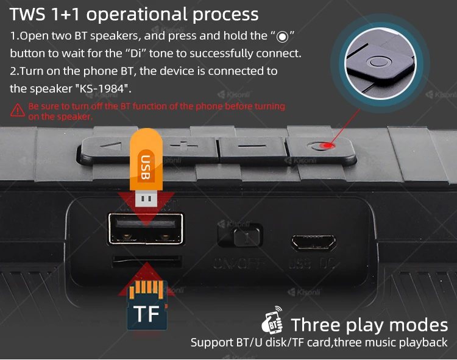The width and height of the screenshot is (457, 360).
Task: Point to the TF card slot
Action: click(146, 261)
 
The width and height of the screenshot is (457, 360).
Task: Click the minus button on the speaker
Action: click(249, 146)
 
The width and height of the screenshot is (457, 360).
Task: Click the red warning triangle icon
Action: click(18, 110)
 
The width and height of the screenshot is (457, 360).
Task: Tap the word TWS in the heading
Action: click(28, 14)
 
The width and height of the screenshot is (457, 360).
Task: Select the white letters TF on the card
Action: click(146, 314)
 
